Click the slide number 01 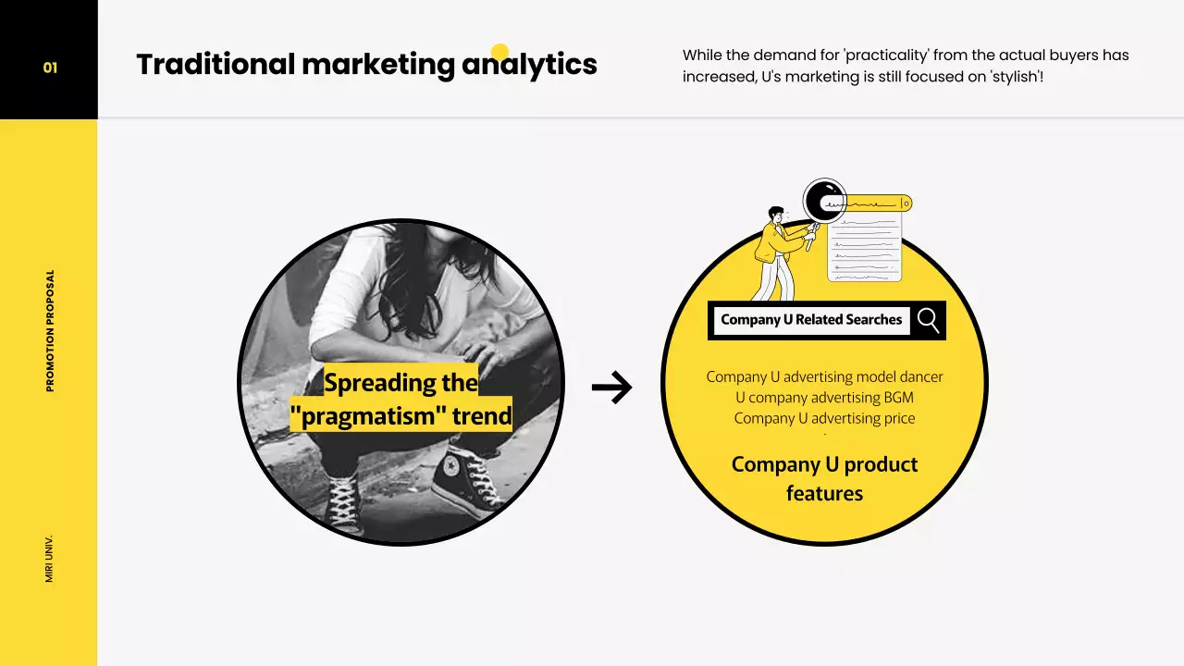(50, 68)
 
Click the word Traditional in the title (216, 65)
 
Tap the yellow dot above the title (499, 52)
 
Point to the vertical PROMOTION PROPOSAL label (50, 330)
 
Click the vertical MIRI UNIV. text (50, 558)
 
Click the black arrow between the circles (611, 388)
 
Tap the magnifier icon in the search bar (928, 320)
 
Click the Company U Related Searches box (811, 320)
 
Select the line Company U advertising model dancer (824, 376)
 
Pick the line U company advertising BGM (824, 398)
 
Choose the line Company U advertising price (824, 418)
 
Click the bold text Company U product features (824, 478)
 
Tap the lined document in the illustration (865, 246)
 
